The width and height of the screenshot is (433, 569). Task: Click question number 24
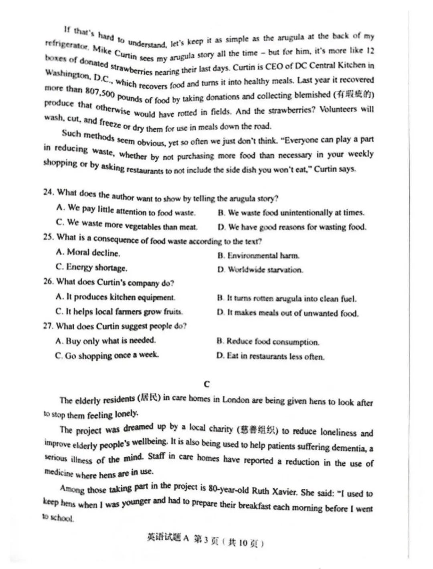pos(49,192)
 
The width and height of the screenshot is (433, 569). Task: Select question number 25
pos(49,237)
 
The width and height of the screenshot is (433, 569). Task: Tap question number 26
pos(49,281)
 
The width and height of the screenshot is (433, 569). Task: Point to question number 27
pos(48,326)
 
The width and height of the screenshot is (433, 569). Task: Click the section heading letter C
pos(206,384)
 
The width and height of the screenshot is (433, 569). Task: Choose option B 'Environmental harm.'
pos(259,256)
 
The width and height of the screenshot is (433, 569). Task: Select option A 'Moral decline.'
pos(88,252)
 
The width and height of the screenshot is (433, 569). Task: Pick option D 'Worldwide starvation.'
pos(260,270)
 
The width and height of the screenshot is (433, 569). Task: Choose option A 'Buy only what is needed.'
pos(105,341)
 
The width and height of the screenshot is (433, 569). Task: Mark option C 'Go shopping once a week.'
pos(107,355)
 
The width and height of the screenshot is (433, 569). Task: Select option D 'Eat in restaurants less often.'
pos(270,356)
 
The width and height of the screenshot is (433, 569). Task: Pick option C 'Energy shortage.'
pos(91,267)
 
